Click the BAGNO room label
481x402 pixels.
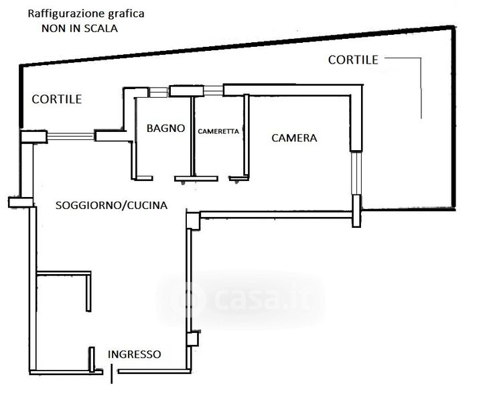pos(165,128)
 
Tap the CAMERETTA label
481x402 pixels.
pos(218,131)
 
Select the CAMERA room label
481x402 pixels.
pos(294,138)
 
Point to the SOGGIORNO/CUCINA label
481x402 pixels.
pos(111,205)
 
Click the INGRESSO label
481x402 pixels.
pos(134,354)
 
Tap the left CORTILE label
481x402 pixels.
pos(57,99)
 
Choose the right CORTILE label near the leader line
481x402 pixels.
pos(353,60)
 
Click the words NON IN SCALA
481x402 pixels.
pos(80,28)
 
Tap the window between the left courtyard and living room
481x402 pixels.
pos(70,136)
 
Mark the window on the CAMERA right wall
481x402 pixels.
pos(356,173)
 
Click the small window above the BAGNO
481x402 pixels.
pos(158,92)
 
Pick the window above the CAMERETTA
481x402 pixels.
pos(214,91)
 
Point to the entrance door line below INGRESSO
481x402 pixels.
pos(111,374)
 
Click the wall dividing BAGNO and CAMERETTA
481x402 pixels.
pos(193,137)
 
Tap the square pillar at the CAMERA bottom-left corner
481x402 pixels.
pos(193,220)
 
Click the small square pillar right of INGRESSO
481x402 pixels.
pos(193,339)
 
